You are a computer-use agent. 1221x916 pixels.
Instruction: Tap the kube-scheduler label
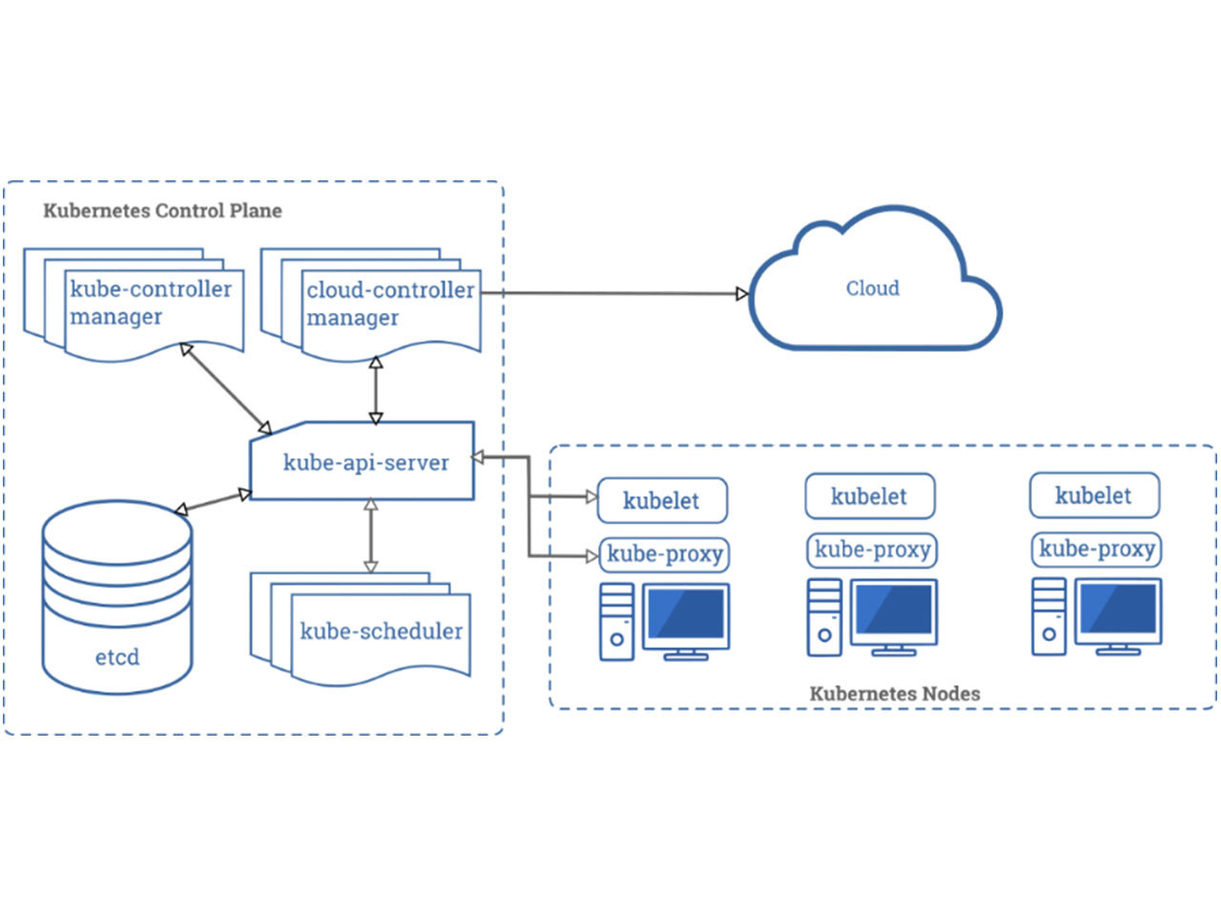click(381, 631)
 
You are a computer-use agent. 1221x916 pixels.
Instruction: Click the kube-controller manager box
click(151, 303)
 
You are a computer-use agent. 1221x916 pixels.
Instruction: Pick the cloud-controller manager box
click(389, 303)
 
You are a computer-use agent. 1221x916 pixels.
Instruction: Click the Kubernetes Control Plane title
click(162, 211)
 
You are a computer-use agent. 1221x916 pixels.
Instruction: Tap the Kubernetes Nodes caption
click(895, 694)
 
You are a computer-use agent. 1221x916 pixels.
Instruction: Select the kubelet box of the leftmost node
click(662, 501)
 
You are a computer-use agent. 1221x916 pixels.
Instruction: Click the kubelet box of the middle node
click(869, 496)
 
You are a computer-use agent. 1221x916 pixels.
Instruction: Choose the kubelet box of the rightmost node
click(1094, 495)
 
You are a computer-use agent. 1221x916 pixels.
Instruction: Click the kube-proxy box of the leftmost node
click(664, 553)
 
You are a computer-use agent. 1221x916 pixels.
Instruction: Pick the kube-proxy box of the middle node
click(872, 550)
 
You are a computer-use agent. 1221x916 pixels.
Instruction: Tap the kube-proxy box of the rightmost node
click(1097, 549)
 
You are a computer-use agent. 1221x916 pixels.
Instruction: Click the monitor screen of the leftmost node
click(686, 614)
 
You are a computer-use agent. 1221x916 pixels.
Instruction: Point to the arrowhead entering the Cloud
click(742, 294)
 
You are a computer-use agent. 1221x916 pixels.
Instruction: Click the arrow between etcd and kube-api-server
click(213, 503)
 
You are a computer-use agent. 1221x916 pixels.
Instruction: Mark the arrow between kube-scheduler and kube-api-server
click(371, 535)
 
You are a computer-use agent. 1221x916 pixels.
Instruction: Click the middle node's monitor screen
click(894, 610)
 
